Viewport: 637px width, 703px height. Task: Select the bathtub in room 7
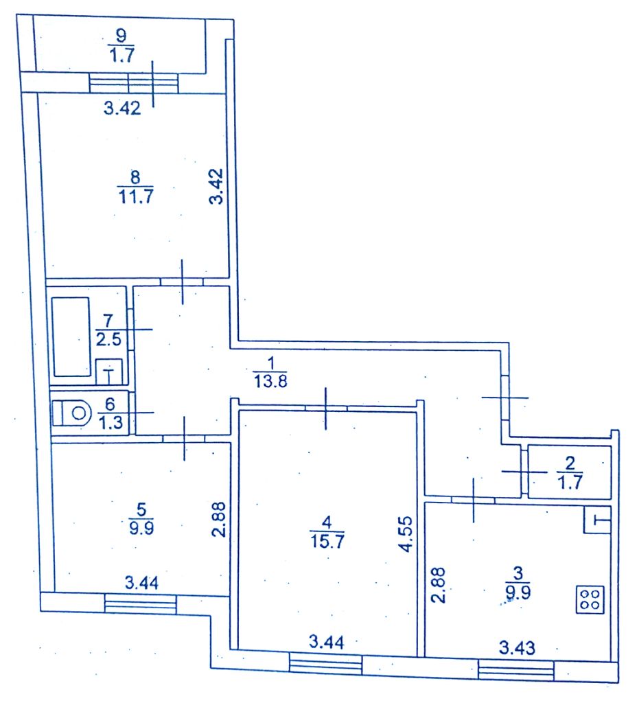71,336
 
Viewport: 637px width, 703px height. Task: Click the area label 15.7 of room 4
326,540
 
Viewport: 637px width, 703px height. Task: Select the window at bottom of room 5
141,603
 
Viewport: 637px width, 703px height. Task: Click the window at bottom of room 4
325,662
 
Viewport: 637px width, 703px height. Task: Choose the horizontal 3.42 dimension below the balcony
121,108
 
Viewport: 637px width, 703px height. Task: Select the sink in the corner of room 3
598,521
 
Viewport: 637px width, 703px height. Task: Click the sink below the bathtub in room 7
108,373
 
